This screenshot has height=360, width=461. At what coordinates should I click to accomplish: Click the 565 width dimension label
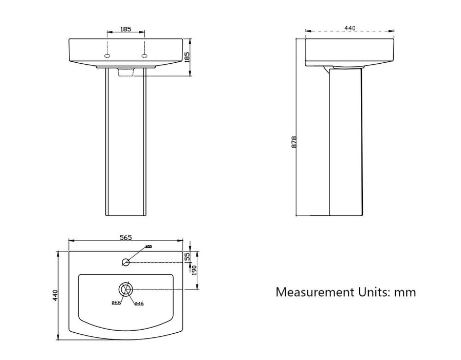(126, 237)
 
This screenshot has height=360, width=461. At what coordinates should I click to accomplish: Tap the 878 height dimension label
(294, 142)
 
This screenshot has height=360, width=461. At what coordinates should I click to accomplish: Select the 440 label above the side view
(350, 28)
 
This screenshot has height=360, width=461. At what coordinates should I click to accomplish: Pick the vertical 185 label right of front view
(187, 57)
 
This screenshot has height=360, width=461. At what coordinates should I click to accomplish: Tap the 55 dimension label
(188, 255)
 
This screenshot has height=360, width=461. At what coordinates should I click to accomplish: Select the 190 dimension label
(194, 271)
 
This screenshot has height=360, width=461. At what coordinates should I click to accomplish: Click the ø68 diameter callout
(116, 303)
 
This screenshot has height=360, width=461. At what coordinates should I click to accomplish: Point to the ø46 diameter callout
(139, 303)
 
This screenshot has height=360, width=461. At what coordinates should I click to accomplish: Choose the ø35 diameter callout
(148, 247)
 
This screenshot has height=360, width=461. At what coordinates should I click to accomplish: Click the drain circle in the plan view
(126, 289)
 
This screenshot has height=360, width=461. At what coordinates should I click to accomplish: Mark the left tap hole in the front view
(107, 56)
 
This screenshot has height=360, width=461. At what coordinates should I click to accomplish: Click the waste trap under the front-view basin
(126, 73)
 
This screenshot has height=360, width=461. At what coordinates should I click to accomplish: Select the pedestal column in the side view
(345, 141)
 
